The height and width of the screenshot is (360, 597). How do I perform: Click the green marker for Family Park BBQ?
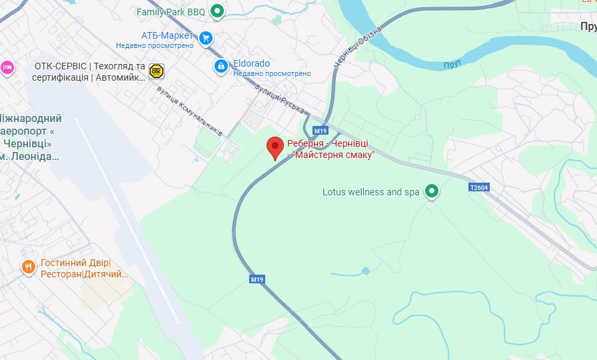point(217,11)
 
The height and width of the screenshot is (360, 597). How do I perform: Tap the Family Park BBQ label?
point(171,12)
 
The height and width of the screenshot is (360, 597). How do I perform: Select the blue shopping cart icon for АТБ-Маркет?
point(206,37)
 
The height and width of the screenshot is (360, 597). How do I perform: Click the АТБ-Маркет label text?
point(167,35)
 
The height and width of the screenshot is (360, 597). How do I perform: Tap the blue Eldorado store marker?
point(221,66)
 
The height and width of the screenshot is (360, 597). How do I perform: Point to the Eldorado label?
point(251,64)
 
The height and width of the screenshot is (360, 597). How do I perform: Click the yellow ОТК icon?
point(157,71)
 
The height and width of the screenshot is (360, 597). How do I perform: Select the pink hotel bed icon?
point(7,67)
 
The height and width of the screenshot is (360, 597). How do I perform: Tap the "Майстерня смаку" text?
point(334,155)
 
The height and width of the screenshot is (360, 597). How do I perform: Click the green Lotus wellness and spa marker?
point(432,192)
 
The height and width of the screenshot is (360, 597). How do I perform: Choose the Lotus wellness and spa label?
point(370,192)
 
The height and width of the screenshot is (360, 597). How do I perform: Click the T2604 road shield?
point(478,187)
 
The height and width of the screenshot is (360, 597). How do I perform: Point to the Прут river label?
point(452,65)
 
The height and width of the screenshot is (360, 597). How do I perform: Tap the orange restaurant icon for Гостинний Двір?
point(28,267)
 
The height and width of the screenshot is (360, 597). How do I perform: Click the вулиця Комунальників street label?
point(189,111)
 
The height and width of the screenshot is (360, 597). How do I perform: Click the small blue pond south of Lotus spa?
point(365,271)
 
